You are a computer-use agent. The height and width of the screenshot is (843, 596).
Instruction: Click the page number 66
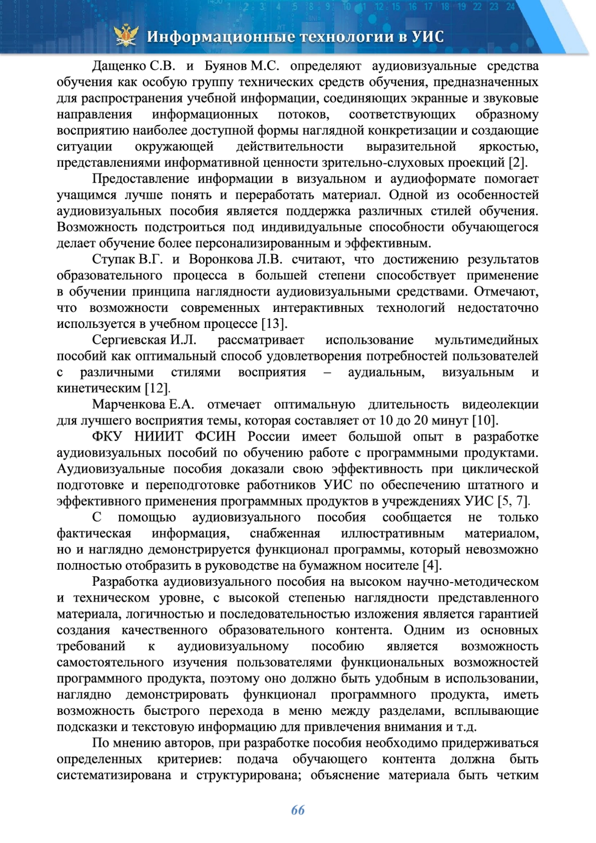[298, 810]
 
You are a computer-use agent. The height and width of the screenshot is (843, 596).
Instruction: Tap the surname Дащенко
[119, 66]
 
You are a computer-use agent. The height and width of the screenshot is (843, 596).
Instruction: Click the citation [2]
[517, 163]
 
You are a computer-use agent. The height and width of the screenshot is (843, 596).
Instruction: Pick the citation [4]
[431, 566]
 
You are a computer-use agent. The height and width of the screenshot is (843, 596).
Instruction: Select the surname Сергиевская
[129, 340]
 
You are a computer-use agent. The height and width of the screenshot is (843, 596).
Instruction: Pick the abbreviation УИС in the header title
[428, 37]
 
